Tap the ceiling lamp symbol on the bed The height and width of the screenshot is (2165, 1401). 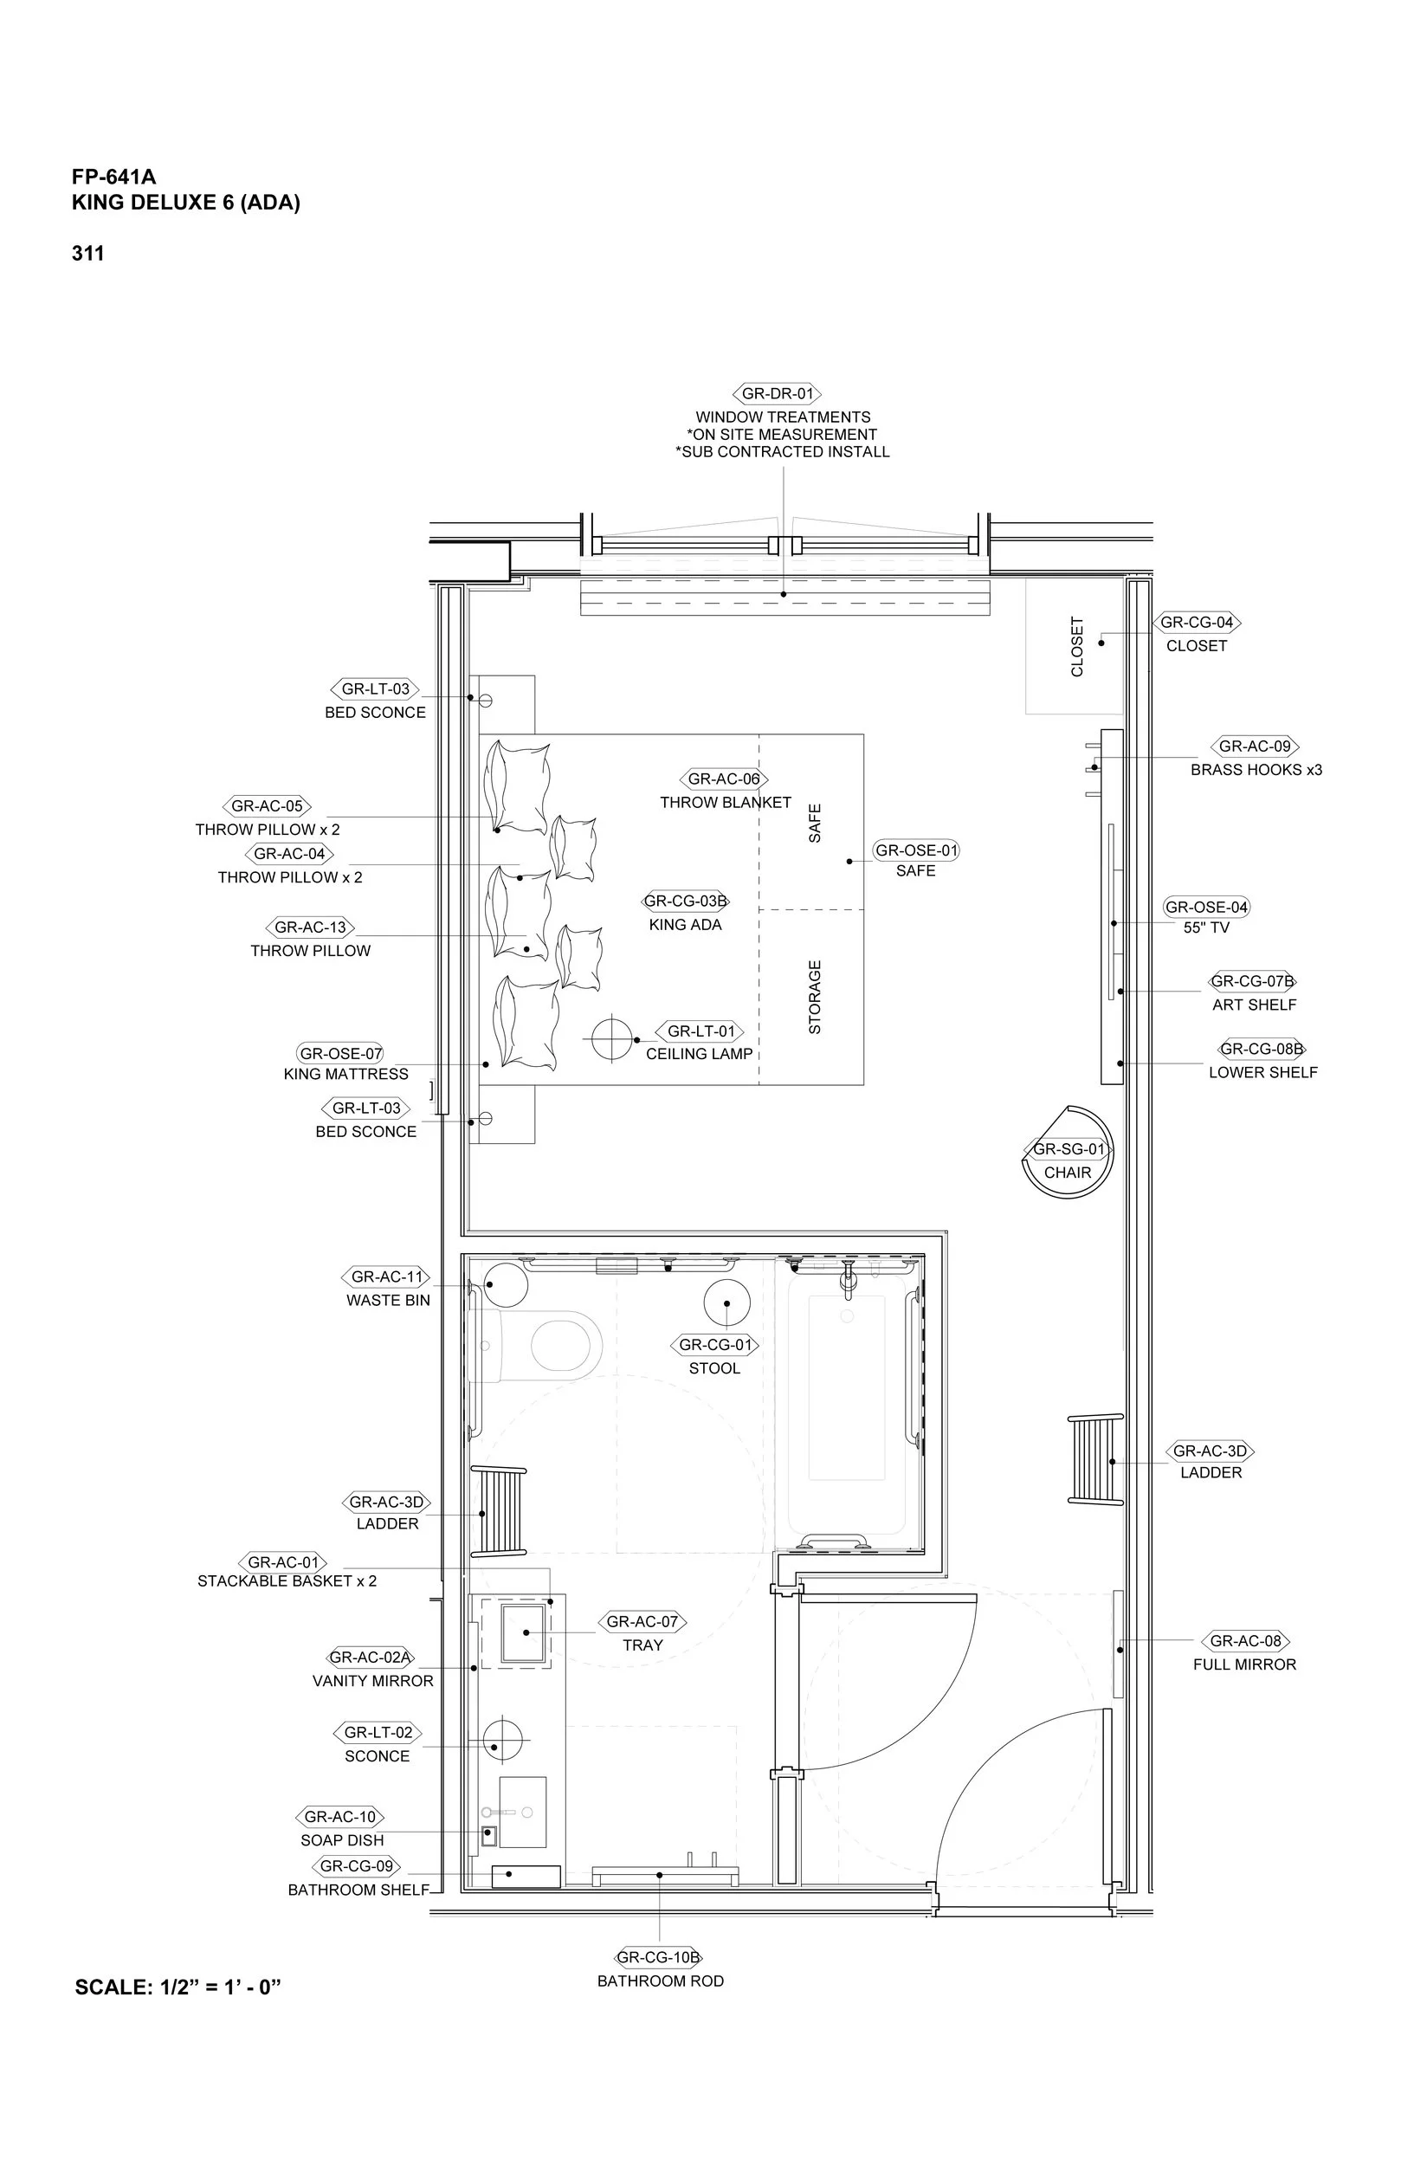(611, 1038)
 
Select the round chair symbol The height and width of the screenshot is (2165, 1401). (1067, 1160)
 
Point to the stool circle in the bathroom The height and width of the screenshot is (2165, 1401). (726, 1302)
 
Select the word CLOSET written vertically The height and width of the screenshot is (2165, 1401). (1077, 647)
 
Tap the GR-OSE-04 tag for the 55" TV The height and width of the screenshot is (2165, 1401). (1206, 907)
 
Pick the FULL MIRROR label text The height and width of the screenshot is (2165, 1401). (1243, 1664)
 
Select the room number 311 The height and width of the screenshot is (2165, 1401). (88, 254)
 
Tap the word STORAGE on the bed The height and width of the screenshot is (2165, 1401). (814, 997)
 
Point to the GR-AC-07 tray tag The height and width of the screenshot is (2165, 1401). (642, 1622)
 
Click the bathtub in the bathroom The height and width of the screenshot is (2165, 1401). (847, 1401)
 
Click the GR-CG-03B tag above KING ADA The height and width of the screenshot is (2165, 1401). (686, 902)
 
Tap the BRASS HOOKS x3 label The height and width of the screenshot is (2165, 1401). (1256, 770)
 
